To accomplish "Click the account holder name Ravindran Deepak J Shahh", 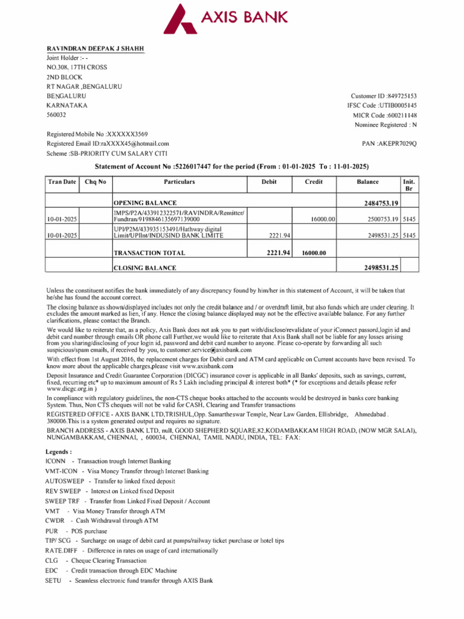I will point(95,49).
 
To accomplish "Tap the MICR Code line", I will point(385,115).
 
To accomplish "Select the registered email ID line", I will point(108,144).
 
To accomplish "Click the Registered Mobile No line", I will point(97,134).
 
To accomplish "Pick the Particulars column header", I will point(179,181).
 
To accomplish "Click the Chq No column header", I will point(95,181).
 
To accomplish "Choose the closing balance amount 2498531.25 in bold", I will point(381,268).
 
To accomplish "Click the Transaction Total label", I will point(149,253).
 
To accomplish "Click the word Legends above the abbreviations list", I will point(59,452).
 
